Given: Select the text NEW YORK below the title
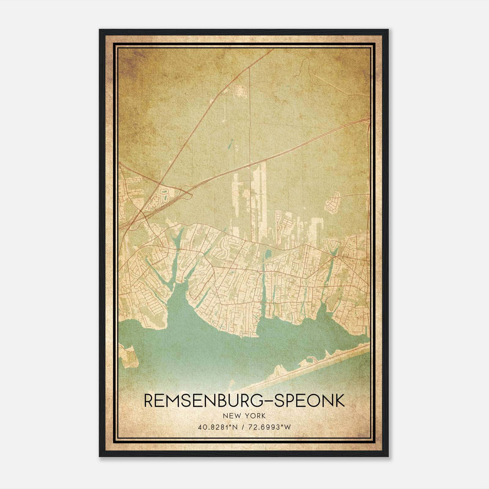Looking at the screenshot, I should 244,416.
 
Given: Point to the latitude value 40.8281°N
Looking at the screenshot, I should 218,427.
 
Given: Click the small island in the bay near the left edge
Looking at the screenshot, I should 128,356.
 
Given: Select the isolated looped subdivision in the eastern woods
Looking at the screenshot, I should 332,202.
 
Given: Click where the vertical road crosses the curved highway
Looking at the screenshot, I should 250,165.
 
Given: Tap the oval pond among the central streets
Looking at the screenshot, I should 268,253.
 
